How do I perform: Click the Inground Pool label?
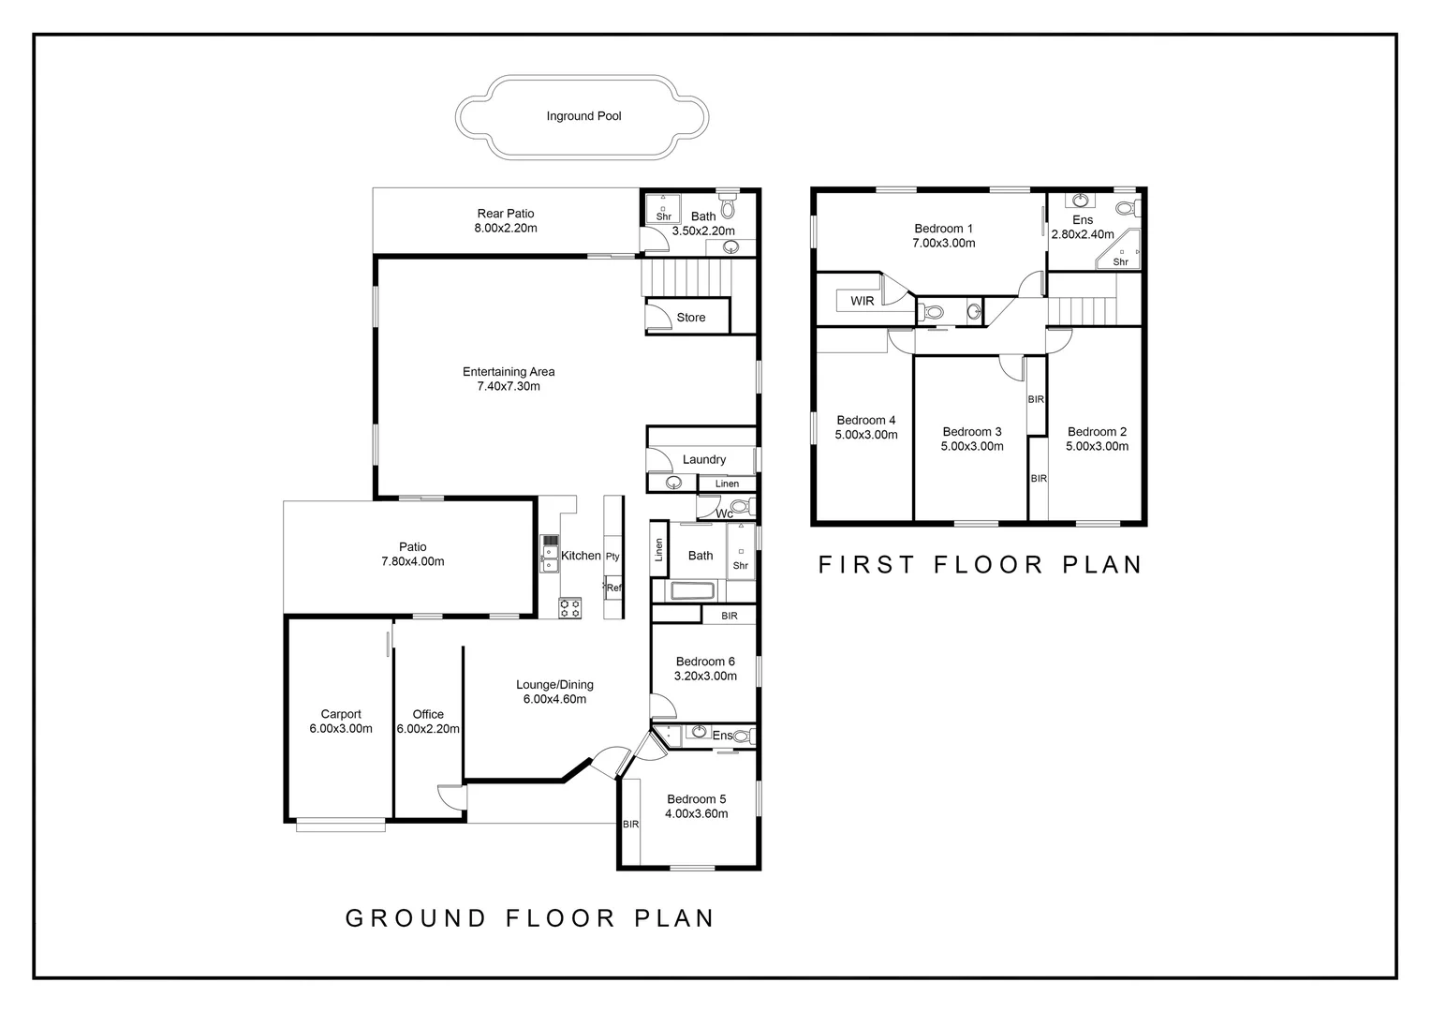tap(583, 116)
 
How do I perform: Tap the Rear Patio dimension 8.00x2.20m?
tap(506, 229)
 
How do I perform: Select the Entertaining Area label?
tap(509, 371)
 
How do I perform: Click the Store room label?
tap(690, 317)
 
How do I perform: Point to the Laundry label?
tap(704, 460)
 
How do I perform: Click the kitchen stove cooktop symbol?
tap(569, 607)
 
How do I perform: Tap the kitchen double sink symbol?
tap(550, 554)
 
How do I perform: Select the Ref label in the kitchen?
tap(613, 588)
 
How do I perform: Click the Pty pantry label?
tap(612, 557)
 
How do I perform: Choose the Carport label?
tap(341, 714)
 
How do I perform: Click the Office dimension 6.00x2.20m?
tap(428, 729)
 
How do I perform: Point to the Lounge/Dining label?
tap(554, 685)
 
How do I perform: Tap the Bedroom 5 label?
tap(697, 799)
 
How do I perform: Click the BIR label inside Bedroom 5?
tap(630, 825)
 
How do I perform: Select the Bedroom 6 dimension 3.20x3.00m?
tap(705, 676)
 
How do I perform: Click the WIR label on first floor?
tap(862, 301)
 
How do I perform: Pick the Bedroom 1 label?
tap(943, 229)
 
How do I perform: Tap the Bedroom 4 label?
tap(865, 420)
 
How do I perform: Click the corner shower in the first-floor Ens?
tap(1118, 249)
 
